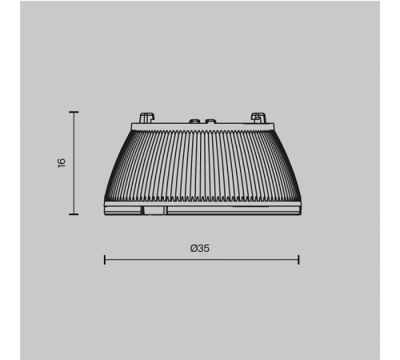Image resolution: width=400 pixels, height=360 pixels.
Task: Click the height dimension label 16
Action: coord(61,163)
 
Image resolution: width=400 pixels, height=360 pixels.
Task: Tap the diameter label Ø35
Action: coord(200,248)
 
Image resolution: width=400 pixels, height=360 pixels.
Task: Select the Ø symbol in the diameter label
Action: coord(194,248)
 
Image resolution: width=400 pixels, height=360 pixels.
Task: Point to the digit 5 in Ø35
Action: coord(206,248)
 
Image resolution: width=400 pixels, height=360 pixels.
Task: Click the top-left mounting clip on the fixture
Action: coord(146,118)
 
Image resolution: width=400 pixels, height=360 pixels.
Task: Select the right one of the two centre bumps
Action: coord(210,122)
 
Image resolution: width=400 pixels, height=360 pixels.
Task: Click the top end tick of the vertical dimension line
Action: coord(74,112)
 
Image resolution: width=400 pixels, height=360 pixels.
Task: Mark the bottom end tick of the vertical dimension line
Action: coord(74,215)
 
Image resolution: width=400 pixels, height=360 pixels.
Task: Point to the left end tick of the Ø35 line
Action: coord(105,259)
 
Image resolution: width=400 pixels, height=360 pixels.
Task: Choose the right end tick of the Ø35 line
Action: coord(298,259)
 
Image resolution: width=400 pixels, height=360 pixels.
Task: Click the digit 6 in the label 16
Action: coord(61,160)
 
